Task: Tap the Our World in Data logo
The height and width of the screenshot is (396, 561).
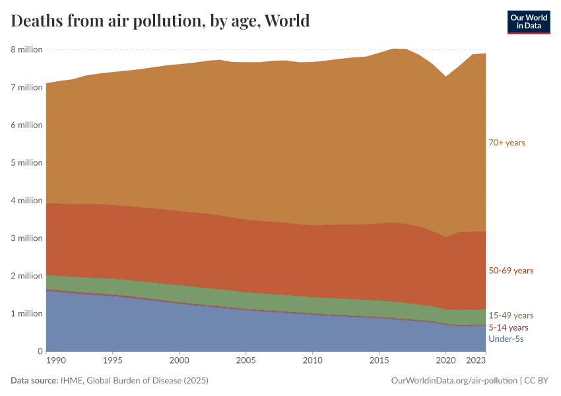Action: pos(528,22)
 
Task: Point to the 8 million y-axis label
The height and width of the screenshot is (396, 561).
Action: pos(26,49)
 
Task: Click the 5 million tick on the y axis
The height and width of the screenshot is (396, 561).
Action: pos(26,162)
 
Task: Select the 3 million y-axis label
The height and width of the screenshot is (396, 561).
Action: pos(26,238)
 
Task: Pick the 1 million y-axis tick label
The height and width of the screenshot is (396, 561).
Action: pos(26,313)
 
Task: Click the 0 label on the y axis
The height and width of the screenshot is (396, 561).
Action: pos(40,351)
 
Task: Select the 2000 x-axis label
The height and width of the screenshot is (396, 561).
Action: pos(179,361)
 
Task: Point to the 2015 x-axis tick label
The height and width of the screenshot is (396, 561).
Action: pos(379,361)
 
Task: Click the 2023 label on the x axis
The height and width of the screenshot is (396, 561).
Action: pos(477,361)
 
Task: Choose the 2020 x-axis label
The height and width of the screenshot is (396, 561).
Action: pos(445,361)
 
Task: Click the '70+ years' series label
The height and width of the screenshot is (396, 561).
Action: pos(507,143)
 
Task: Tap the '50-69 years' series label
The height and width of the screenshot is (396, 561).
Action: pos(511,271)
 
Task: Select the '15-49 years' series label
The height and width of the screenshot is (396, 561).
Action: pos(511,315)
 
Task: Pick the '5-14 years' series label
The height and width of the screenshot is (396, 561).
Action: pos(508,327)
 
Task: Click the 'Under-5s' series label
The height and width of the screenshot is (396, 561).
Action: pos(506,339)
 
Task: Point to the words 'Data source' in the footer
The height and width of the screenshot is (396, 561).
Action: pos(34,381)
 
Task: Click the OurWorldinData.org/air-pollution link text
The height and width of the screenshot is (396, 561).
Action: pos(453,381)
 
